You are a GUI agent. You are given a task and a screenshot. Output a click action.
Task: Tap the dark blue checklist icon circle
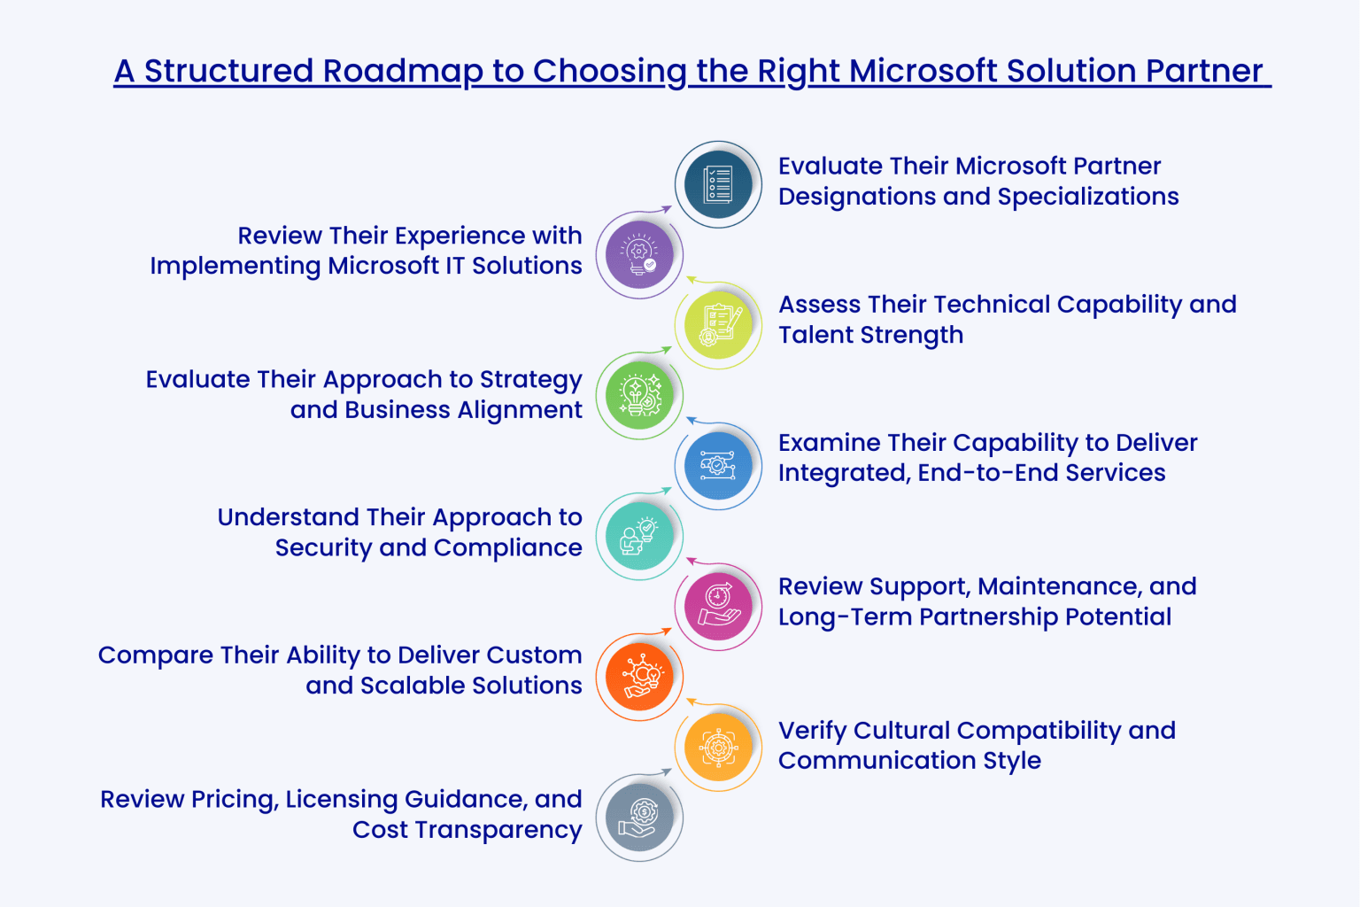[718, 185]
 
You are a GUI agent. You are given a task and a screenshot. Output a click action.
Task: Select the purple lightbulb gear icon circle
[639, 255]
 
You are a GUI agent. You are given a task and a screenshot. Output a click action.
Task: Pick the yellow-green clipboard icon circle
[718, 325]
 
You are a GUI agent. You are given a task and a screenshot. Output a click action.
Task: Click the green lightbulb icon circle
[639, 395]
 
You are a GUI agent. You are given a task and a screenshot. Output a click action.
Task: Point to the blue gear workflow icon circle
[718, 465]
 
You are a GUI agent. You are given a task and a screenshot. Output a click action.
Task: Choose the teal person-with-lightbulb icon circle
[639, 536]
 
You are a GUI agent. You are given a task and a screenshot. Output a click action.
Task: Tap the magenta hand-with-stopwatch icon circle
[718, 607]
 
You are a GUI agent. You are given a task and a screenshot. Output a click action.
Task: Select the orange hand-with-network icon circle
[639, 677]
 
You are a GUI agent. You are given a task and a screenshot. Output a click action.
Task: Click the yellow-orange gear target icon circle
[718, 748]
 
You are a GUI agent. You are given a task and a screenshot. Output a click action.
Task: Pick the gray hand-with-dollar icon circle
[639, 818]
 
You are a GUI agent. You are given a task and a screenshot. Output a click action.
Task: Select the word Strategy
[530, 380]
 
